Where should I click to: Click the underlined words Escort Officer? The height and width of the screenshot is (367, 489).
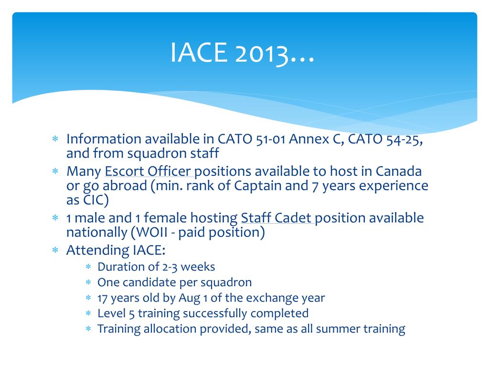tap(149, 171)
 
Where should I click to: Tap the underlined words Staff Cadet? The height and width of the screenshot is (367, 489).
tap(277, 218)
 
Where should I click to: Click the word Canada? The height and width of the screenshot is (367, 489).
tap(399, 171)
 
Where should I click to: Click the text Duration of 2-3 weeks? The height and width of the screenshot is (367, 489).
tap(156, 267)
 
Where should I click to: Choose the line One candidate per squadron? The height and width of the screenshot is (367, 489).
tap(174, 282)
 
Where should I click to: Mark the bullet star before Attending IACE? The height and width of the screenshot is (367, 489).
tap(55, 250)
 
